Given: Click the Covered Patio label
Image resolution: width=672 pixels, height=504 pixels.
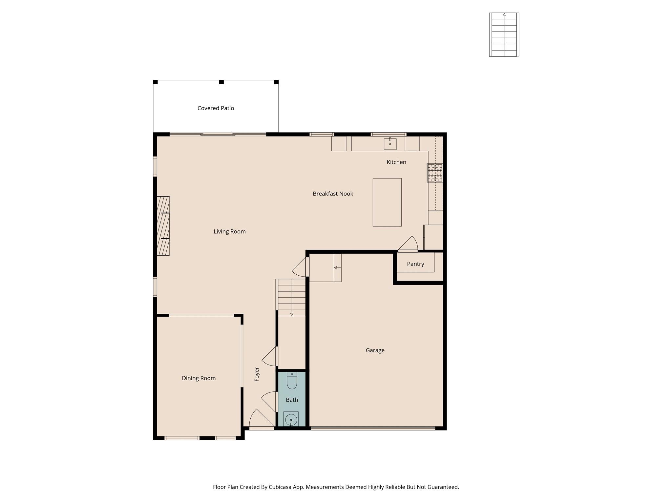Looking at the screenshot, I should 216,108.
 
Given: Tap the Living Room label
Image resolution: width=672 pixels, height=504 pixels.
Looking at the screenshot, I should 229,231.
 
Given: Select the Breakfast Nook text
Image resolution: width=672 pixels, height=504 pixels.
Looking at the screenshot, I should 333,194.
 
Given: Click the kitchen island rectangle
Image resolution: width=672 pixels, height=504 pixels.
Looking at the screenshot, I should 387,202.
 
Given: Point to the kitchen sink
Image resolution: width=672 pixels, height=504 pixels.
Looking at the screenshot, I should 390,144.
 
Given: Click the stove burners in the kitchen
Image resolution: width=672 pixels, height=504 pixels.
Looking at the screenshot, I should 435,173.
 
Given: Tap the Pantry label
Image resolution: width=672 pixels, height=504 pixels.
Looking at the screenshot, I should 415,264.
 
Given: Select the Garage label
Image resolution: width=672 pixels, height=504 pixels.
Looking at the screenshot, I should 375,350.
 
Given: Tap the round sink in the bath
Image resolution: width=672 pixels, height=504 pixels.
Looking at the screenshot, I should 291,420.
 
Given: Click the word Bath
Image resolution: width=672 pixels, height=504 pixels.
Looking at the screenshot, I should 292,400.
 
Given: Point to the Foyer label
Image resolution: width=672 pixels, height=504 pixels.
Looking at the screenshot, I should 257,374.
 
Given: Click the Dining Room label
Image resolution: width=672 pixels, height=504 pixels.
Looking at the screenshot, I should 199,378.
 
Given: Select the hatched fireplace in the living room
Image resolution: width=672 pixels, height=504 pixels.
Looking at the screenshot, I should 163,226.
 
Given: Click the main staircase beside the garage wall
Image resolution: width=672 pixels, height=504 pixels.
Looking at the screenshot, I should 291,297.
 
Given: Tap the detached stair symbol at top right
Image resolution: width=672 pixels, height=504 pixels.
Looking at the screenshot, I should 504,35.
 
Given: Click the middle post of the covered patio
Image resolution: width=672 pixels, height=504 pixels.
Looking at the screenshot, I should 221,82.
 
